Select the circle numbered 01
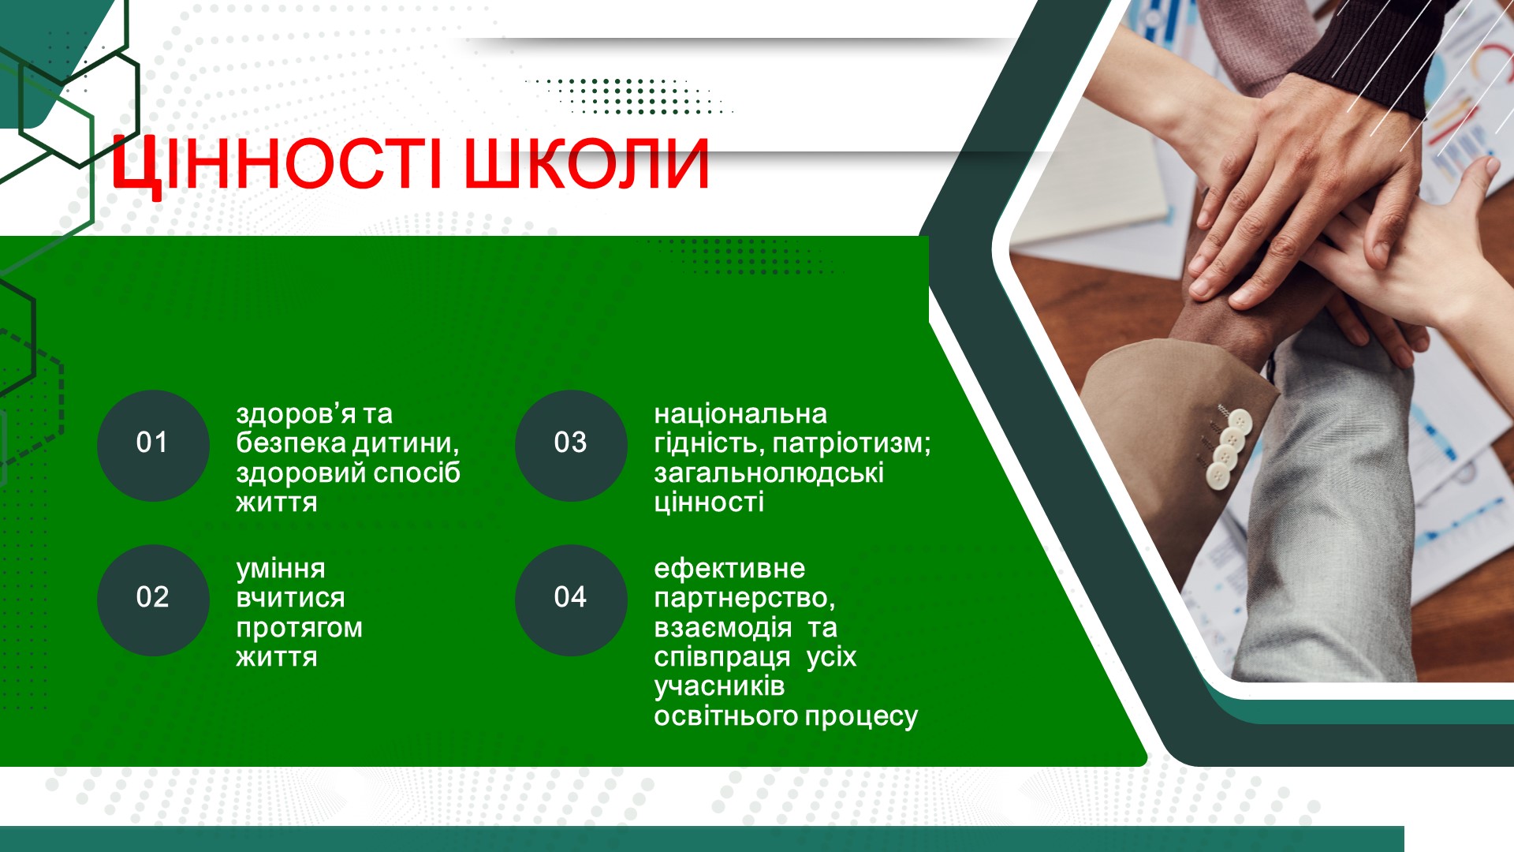click(x=153, y=445)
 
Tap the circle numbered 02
click(x=153, y=600)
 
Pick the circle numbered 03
click(x=571, y=445)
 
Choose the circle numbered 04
click(x=571, y=600)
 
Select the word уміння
click(x=281, y=570)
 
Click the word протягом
click(x=300, y=629)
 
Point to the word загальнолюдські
click(x=769, y=474)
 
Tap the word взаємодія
click(x=723, y=628)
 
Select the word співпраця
click(x=722, y=659)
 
